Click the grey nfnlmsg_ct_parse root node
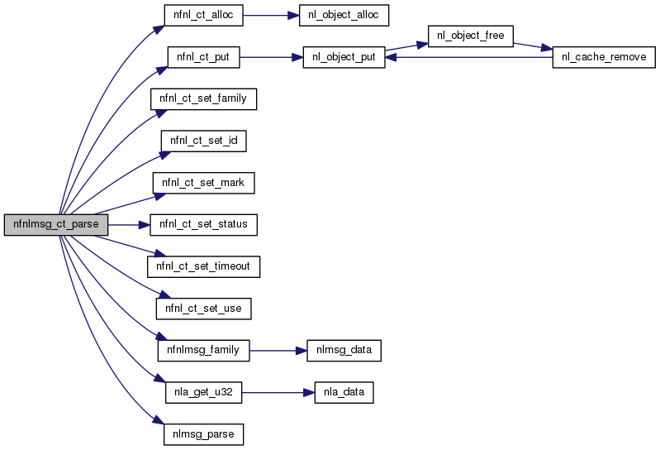coord(56,224)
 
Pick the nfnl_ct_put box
coord(203,57)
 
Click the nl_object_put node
coord(344,57)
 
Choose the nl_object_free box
coord(471,36)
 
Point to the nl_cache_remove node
coord(604,57)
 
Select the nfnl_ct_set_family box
coord(203,98)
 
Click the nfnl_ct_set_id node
coord(203,141)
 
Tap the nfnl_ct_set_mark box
coord(203,182)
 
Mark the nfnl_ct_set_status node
coord(203,224)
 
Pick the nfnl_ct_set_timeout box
coord(203,266)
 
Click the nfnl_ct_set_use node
coord(203,308)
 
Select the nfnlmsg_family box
coord(203,350)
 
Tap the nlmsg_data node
coord(344,350)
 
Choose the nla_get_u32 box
coord(203,391)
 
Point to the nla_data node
coord(344,391)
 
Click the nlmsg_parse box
coord(203,433)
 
